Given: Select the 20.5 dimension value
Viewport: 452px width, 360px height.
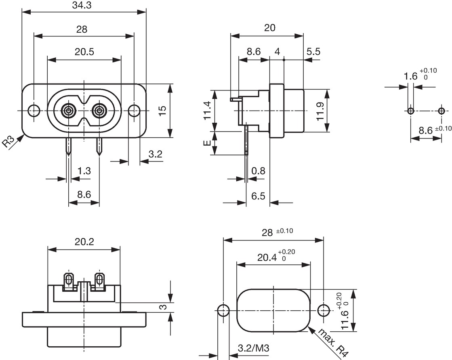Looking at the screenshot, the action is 84,52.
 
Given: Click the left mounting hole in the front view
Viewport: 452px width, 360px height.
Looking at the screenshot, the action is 34,111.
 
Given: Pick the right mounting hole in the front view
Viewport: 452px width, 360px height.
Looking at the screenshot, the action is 134,111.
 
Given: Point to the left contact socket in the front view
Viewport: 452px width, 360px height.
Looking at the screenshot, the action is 68,111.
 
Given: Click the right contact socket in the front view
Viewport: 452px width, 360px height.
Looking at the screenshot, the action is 99,111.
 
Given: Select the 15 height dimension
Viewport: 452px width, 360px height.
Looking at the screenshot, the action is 162,111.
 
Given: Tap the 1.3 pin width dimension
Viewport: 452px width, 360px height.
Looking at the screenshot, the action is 84,171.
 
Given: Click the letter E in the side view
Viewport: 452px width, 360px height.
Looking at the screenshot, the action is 207,143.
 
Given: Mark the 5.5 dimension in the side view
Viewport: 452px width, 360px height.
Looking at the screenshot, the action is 313,52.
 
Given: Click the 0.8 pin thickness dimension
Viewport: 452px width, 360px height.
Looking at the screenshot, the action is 258,171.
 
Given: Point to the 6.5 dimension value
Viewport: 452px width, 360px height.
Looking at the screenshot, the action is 258,196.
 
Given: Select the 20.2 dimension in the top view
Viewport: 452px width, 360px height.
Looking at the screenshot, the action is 84,241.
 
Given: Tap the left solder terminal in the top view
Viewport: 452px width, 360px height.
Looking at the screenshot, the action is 69,280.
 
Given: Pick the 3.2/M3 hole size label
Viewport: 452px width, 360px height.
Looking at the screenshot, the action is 253,348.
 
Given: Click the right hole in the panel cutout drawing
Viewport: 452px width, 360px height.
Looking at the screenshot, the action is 323,310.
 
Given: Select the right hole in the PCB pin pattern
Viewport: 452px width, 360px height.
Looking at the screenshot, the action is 441,111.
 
